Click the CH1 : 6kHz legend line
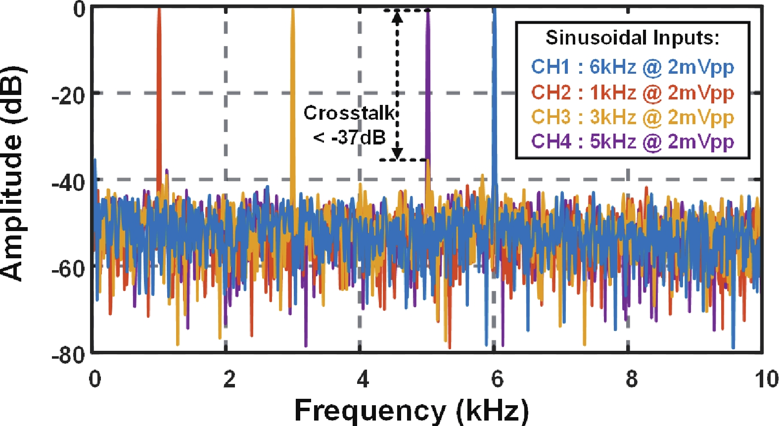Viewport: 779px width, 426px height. tap(632, 67)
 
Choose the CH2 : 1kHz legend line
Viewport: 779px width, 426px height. tap(632, 93)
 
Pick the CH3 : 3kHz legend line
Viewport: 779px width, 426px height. tap(632, 117)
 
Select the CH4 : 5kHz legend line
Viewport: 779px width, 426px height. tap(632, 142)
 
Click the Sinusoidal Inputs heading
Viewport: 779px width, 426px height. tap(632, 38)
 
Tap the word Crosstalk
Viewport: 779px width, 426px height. tap(349, 113)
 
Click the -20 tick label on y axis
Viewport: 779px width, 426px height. tap(69, 95)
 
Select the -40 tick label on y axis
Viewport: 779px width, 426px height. tap(69, 182)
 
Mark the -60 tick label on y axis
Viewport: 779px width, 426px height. tap(69, 269)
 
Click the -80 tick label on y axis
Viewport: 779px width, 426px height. tap(69, 354)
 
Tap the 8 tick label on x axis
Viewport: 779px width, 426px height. tap(631, 379)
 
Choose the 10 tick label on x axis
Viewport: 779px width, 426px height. tap(766, 379)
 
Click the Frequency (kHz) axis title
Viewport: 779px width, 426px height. tap(412, 411)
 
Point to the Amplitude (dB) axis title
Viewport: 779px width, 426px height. tap(12, 173)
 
